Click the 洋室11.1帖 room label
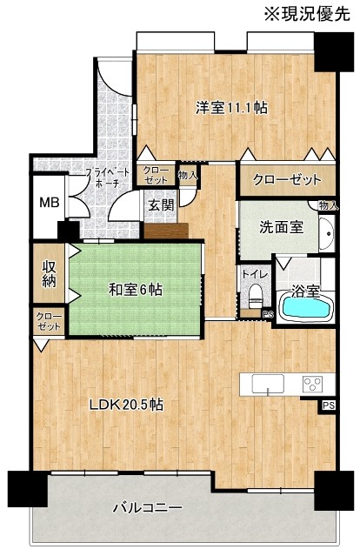[232, 107]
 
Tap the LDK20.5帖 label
[126, 405]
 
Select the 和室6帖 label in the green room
[136, 290]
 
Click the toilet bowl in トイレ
[255, 296]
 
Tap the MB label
[50, 203]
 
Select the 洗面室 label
[282, 227]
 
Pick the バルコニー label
[148, 508]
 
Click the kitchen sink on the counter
[268, 384]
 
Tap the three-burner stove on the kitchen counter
[312, 384]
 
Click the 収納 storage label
[50, 273]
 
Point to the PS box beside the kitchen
[328, 405]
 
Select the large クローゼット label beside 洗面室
[287, 180]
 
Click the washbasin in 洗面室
[326, 234]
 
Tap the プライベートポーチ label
[108, 178]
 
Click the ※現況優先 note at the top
[307, 14]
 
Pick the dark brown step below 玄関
[166, 231]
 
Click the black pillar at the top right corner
[334, 51]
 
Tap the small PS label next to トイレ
[267, 313]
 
